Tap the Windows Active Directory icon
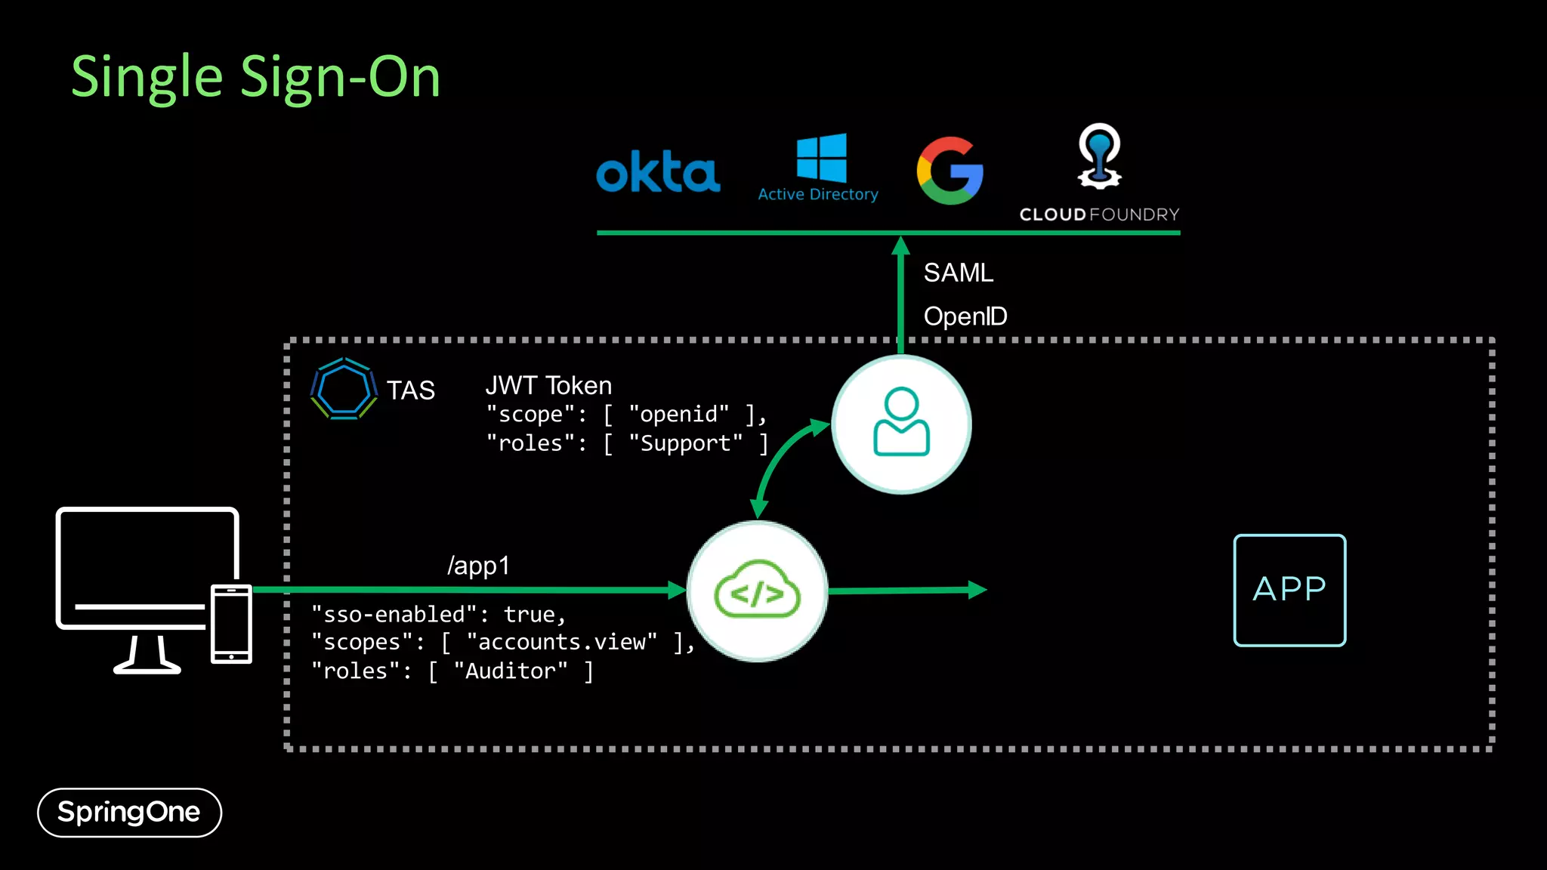tap(821, 159)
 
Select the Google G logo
tap(950, 171)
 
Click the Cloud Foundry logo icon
tap(1099, 156)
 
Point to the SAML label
tap(958, 273)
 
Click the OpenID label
tap(965, 316)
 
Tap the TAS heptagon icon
tap(344, 389)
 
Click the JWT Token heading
tap(548, 386)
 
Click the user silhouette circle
tap(901, 424)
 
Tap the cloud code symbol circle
tap(758, 591)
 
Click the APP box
tap(1289, 590)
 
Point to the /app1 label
tap(479, 566)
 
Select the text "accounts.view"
tap(562, 642)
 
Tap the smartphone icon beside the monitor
tap(231, 624)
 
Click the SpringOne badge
tap(129, 813)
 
